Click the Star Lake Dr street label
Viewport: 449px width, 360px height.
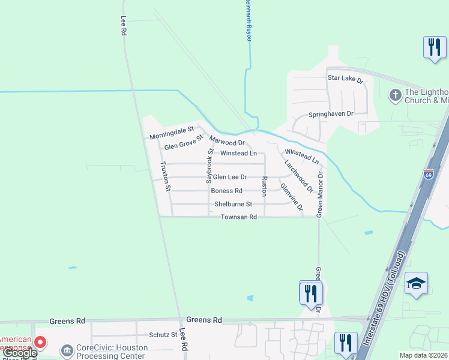point(345,79)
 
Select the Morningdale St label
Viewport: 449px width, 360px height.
point(172,133)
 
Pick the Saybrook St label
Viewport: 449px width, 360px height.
point(209,166)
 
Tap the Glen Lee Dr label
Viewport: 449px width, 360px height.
point(230,177)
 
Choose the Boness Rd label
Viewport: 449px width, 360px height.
point(226,191)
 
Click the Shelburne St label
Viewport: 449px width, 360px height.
point(233,204)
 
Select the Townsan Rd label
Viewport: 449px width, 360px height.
point(239,217)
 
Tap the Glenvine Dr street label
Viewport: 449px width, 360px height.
point(291,199)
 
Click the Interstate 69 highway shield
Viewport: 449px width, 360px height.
point(428,175)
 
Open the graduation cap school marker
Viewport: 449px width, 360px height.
point(417,283)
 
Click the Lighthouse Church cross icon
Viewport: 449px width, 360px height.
point(395,95)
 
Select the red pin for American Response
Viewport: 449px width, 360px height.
point(40,343)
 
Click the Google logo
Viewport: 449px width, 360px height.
point(19,353)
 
